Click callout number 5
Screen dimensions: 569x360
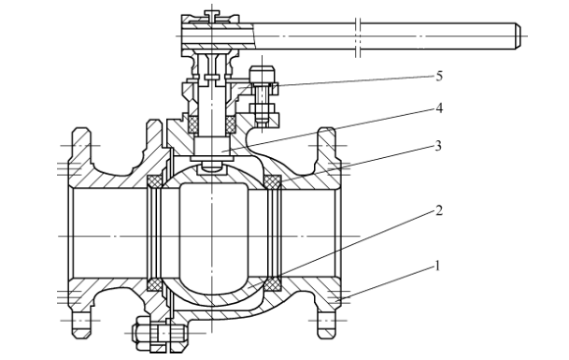tap(439, 77)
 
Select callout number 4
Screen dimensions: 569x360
tap(439, 108)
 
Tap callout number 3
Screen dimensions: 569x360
tap(438, 146)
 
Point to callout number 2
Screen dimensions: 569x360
tap(439, 210)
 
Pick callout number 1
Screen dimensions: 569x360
tap(437, 266)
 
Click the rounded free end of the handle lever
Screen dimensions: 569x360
tap(518, 36)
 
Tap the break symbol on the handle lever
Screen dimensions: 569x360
tap(358, 36)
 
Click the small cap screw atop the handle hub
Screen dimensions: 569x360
tap(212, 15)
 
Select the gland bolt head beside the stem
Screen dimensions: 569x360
tap(262, 74)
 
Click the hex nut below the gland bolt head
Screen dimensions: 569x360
tap(263, 108)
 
